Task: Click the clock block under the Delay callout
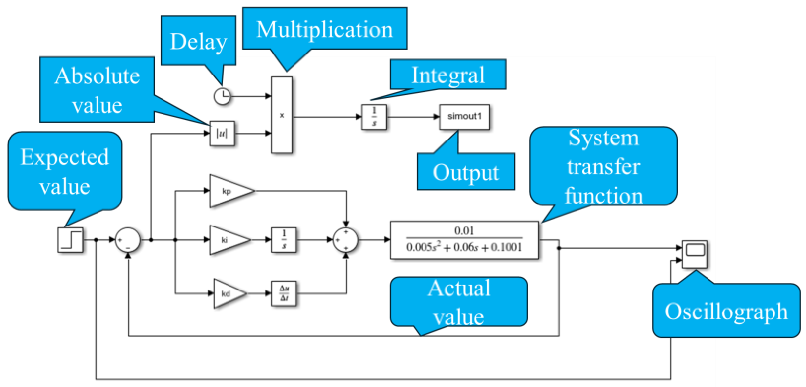tap(222, 97)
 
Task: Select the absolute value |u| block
tap(222, 133)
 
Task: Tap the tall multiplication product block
tap(282, 115)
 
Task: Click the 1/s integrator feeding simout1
tap(374, 117)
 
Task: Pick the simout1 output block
tap(464, 117)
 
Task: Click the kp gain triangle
tap(228, 191)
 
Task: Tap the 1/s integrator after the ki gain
tap(284, 240)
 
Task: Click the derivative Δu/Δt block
tap(284, 293)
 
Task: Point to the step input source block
tap(70, 240)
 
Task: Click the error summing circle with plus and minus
tap(128, 240)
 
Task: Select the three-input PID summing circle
tap(345, 240)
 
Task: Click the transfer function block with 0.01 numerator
tap(464, 240)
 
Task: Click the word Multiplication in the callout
tap(324, 30)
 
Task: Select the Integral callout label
tap(448, 75)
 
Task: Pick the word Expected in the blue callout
tap(65, 157)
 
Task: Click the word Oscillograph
tap(726, 311)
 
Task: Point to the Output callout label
tap(466, 172)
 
